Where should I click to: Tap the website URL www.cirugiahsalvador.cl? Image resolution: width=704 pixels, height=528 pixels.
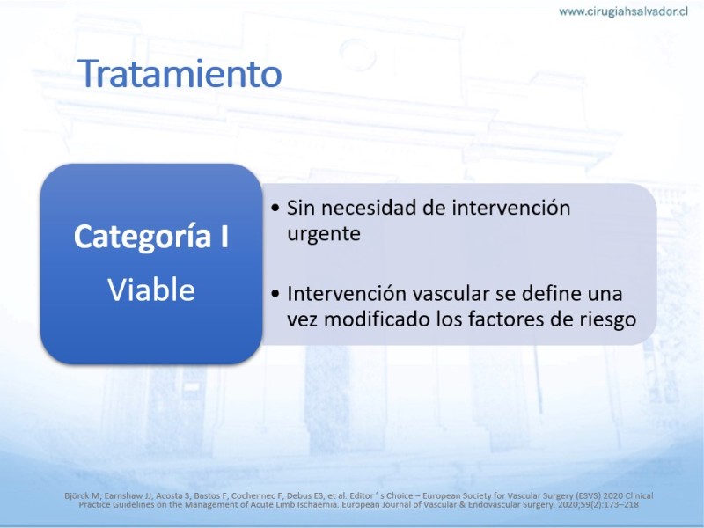(623, 11)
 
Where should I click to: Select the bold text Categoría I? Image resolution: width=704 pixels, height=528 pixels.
(151, 237)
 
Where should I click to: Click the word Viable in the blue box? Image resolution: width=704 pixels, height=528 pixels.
(151, 290)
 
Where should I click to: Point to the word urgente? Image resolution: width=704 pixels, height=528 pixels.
(324, 234)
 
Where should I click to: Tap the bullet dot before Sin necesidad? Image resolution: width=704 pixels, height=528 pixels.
(275, 208)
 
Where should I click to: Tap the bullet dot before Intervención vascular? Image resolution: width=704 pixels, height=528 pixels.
(275, 294)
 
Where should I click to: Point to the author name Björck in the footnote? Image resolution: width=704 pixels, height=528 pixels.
(77, 496)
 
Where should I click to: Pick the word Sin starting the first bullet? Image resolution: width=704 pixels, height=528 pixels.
(301, 208)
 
